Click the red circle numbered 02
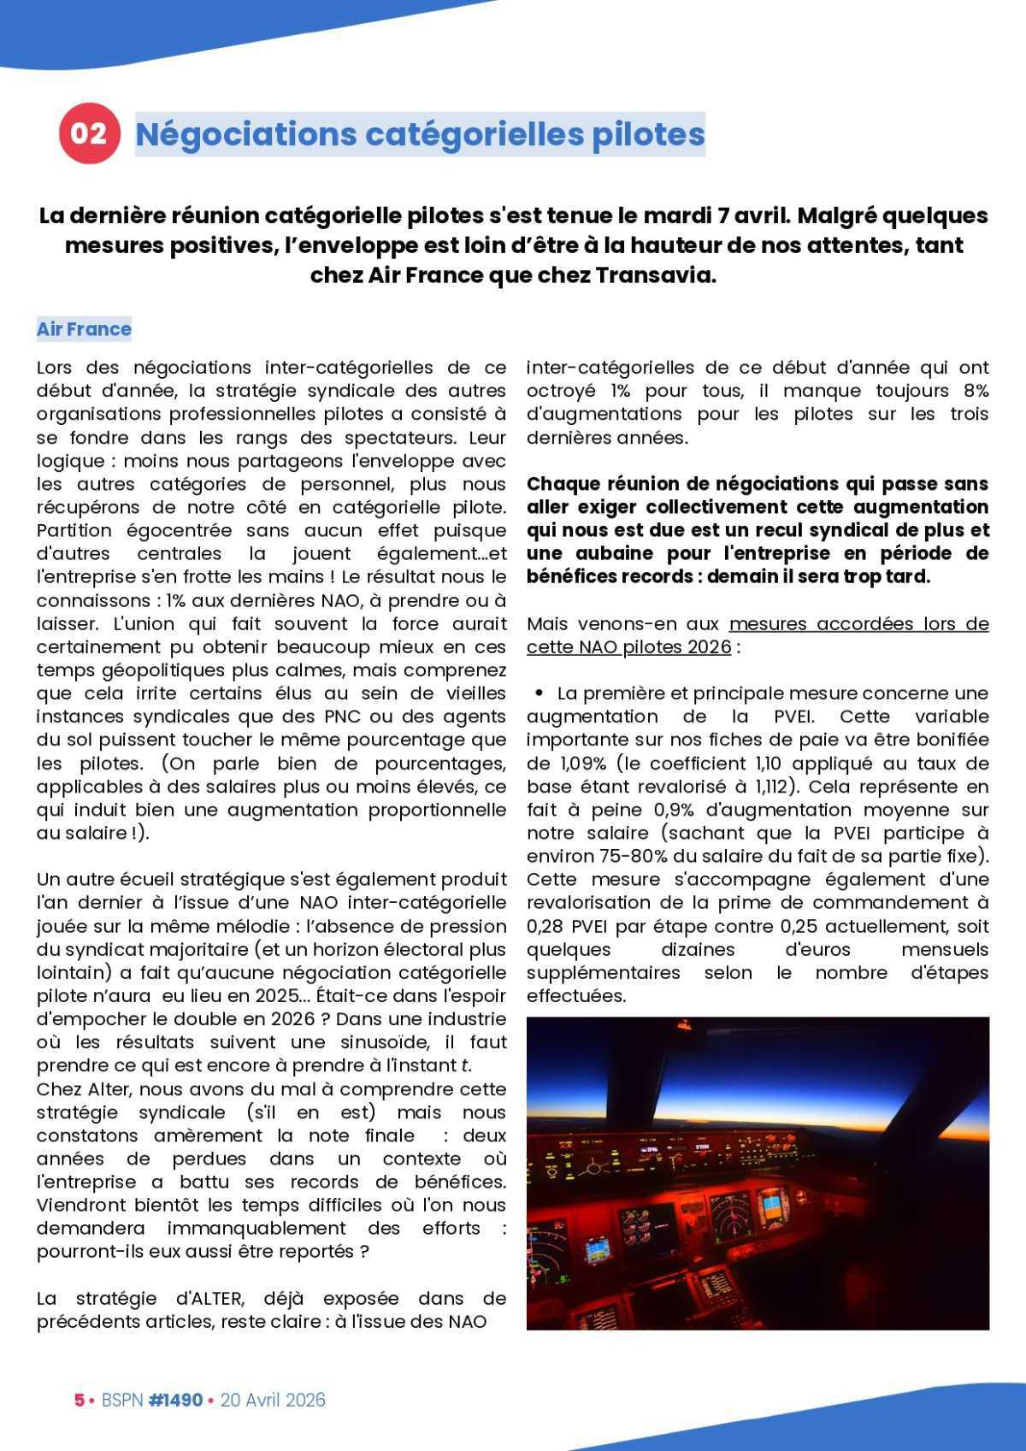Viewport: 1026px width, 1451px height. (88, 133)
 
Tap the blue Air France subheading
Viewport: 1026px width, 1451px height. (84, 329)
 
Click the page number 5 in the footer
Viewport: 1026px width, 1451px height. (79, 1400)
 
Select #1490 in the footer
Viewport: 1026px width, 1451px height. (175, 1400)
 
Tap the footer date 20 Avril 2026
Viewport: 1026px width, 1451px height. (273, 1400)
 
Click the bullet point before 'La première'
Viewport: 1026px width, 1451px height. (540, 693)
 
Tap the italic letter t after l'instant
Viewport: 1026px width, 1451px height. (465, 1065)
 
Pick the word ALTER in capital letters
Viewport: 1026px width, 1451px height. (215, 1298)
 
